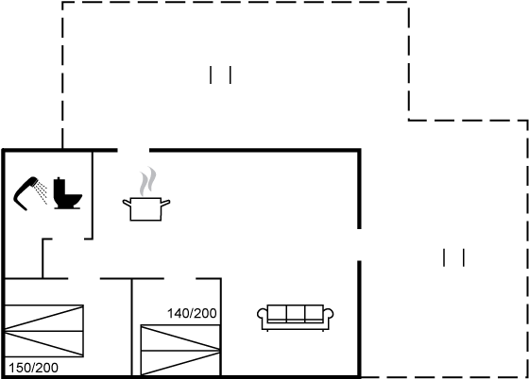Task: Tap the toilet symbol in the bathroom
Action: pos(67,193)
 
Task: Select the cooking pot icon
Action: pos(146,209)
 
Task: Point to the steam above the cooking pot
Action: pos(148,181)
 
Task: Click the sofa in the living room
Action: pos(296,318)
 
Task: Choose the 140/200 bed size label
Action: pos(192,313)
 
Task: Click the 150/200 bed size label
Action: pos(33,368)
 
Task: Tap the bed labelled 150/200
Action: pos(44,331)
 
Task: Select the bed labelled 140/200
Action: pos(180,350)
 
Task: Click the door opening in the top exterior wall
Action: pos(133,150)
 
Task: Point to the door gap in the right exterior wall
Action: pos(359,245)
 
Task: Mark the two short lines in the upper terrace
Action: pos(220,74)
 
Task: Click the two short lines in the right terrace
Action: pos(453,257)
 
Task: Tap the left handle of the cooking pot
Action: pos(127,203)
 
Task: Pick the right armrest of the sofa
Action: pos(329,315)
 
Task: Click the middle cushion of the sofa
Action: pos(296,313)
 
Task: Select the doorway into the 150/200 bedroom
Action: pos(84,279)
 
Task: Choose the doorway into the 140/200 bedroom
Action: pos(179,279)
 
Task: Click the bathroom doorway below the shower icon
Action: pos(68,239)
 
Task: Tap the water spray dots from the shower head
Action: pos(42,192)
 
